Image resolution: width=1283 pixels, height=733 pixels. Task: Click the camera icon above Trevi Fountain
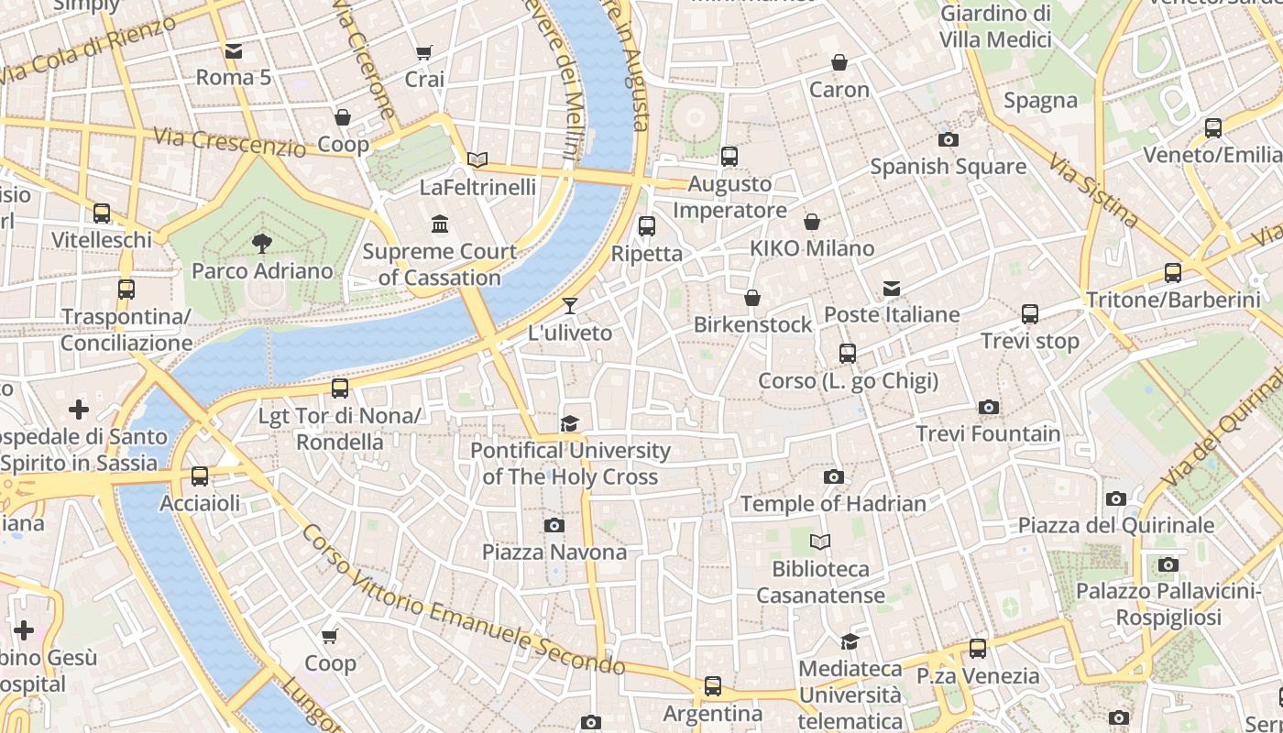point(988,407)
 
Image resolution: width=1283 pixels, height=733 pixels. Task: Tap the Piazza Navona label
point(554,552)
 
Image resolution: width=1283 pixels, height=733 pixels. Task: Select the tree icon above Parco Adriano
point(262,243)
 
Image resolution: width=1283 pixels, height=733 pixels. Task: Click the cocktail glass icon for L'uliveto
point(570,305)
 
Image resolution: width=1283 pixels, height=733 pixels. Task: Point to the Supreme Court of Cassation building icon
point(440,224)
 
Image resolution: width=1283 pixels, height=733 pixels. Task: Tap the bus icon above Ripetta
point(647,225)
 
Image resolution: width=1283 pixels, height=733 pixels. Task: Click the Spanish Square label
point(948,166)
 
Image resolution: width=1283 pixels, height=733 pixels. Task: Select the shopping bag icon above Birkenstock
point(751,298)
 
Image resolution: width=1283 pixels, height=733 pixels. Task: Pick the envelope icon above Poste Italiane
point(891,289)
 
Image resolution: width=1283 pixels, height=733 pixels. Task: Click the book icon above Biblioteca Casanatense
point(820,542)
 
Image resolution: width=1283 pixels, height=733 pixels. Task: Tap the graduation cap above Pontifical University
point(569,423)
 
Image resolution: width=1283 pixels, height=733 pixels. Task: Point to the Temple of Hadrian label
point(833,503)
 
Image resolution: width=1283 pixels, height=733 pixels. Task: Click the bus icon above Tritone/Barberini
point(1172,272)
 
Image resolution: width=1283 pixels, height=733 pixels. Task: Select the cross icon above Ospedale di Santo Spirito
point(79,409)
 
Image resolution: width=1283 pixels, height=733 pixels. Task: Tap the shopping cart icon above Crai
point(423,52)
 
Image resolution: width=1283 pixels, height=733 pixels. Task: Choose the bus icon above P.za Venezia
point(978,649)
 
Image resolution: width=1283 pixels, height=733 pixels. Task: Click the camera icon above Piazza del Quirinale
point(1115,498)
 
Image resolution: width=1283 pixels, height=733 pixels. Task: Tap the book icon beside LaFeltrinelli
point(477,159)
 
